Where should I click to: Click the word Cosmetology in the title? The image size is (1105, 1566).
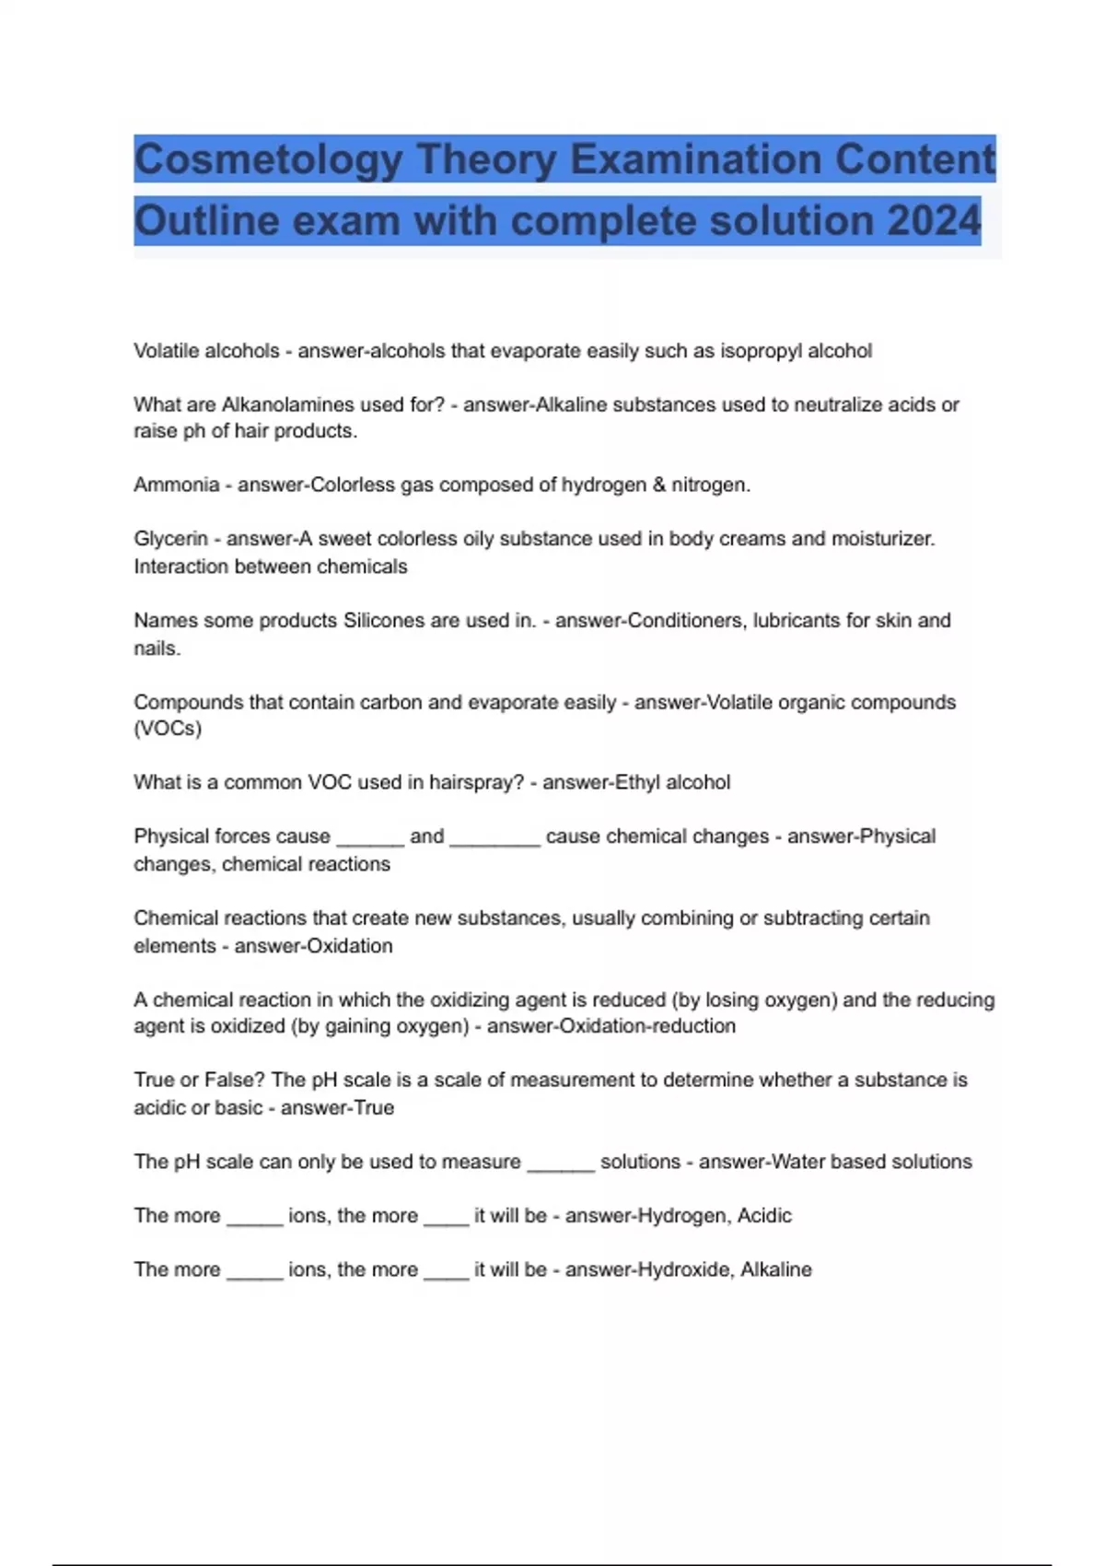coord(268,160)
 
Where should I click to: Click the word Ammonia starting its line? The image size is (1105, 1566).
coord(177,485)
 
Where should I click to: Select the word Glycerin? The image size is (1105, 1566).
coord(170,539)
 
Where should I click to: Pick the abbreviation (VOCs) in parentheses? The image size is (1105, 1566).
coord(168,729)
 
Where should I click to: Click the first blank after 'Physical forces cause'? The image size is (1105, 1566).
coord(370,838)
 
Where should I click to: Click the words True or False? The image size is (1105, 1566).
coord(200,1081)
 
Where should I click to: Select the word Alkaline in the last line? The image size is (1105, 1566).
coord(775,1270)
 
